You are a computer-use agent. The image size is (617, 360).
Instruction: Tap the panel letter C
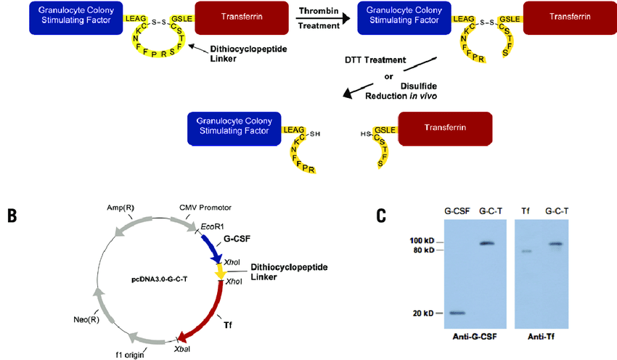click(x=380, y=216)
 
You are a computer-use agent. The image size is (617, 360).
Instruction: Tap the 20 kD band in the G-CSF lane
click(x=454, y=313)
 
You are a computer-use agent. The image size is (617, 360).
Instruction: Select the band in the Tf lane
click(x=526, y=251)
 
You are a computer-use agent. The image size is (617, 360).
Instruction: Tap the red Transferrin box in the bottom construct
click(x=446, y=128)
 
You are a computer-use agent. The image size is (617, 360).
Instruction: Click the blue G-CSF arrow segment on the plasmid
click(x=211, y=249)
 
